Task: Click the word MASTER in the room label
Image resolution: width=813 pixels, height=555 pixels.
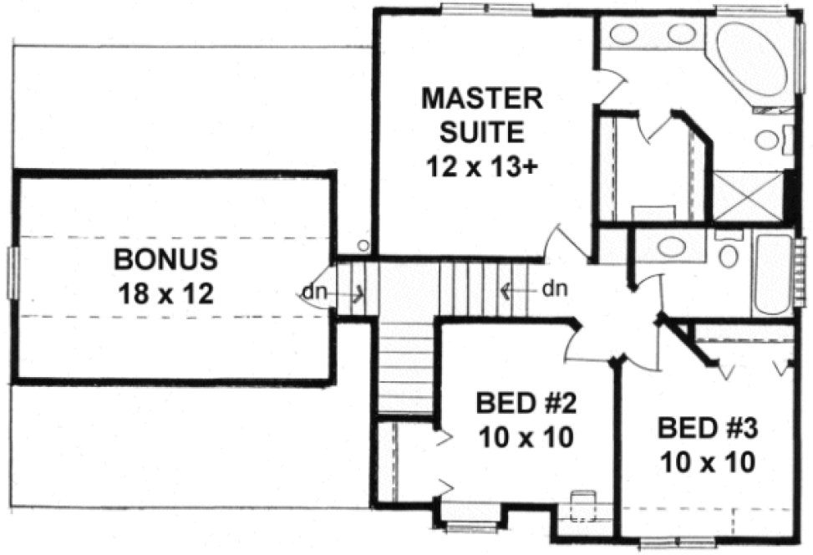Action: coord(482,98)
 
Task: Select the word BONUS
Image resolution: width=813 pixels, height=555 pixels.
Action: coord(166,259)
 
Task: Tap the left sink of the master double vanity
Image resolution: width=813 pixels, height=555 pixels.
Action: coord(623,35)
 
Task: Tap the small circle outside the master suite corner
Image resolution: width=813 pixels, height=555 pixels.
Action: coord(362,246)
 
